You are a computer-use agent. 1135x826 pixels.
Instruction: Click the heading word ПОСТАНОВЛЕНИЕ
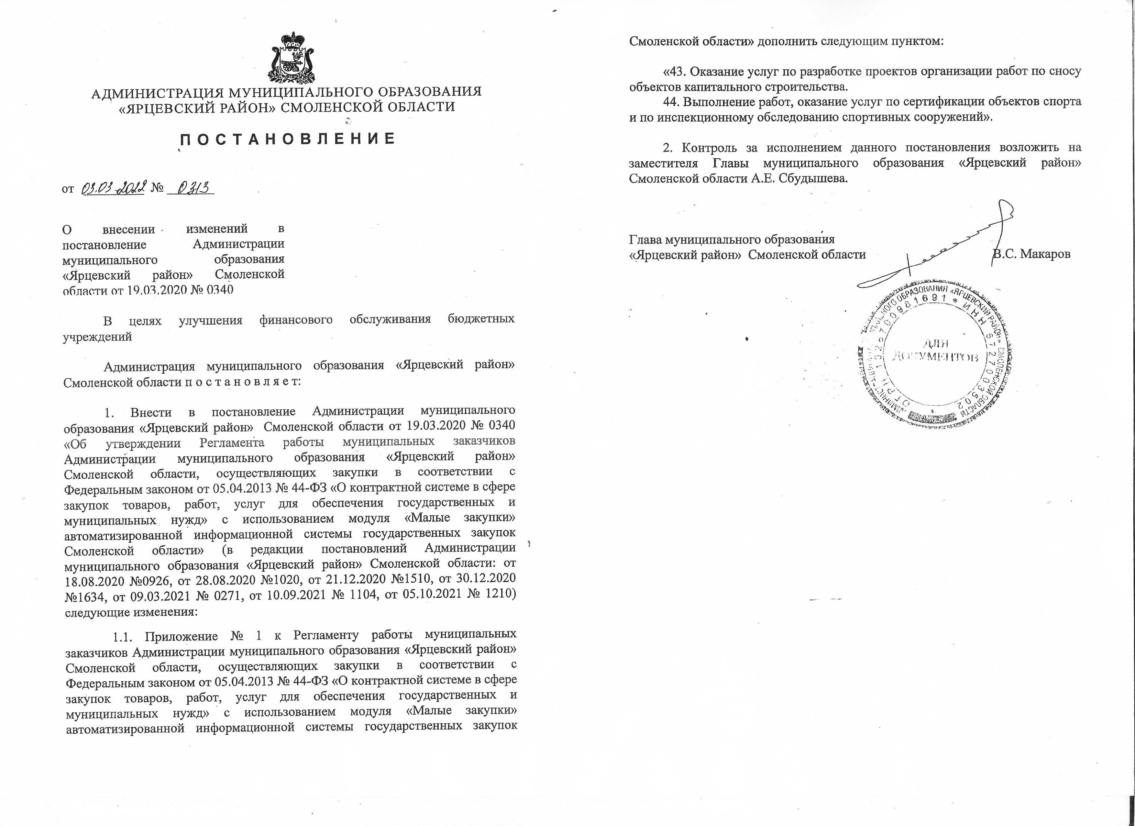(287, 139)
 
